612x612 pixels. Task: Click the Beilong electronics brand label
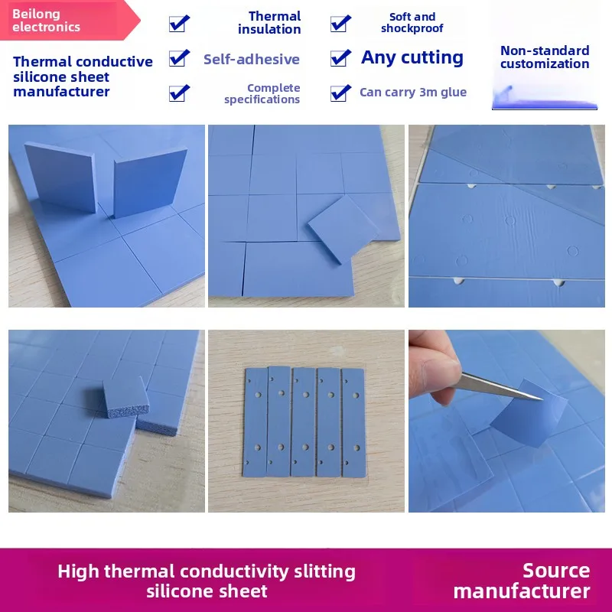pos(46,21)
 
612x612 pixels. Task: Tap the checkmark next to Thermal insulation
pos(179,23)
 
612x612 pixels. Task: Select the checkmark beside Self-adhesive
pos(179,58)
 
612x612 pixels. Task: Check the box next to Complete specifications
pos(179,93)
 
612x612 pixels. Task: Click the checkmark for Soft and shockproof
pos(340,23)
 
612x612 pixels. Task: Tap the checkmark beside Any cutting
pos(340,58)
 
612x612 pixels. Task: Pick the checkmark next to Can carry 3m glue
pos(340,93)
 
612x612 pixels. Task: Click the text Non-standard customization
pos(545,57)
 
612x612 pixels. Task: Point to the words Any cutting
pos(412,58)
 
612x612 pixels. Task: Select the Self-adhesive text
pos(252,60)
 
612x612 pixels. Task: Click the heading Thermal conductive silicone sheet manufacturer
pos(83,76)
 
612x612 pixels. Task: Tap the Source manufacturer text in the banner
pos(522,581)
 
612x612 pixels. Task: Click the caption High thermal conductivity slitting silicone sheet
pos(207,581)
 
